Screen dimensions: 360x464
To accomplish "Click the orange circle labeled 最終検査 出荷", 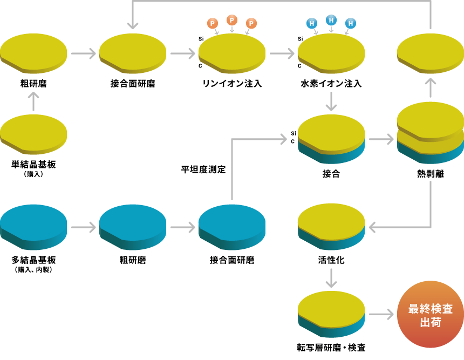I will pyautogui.click(x=430, y=314).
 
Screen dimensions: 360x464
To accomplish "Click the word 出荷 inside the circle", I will pyautogui.click(x=430, y=322).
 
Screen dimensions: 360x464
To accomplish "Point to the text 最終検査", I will pyautogui.click(x=430, y=309).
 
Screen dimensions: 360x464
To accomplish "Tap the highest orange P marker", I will pyautogui.click(x=232, y=20).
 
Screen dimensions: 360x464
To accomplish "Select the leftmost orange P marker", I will pyautogui.click(x=213, y=23).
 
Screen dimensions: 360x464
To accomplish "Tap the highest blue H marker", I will pyautogui.click(x=331, y=20).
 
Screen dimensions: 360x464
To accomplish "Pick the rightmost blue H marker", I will pyautogui.click(x=351, y=23).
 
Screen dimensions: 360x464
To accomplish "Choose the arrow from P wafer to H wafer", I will pyautogui.click(x=282, y=53).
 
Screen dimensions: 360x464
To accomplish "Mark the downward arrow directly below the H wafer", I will pyautogui.click(x=331, y=101).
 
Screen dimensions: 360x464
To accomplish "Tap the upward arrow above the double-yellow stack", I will pyautogui.click(x=430, y=87).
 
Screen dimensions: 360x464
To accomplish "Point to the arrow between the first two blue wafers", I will pyautogui.click(x=83, y=227).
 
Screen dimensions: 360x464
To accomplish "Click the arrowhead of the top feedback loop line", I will pyautogui.click(x=133, y=25).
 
